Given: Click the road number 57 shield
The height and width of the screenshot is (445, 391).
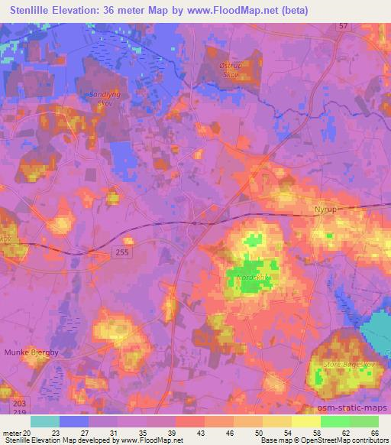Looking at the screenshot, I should (342, 26).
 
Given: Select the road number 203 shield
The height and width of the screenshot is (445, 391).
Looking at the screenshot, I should (18, 403).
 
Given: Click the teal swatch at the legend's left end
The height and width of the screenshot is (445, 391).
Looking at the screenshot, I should (45, 421).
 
